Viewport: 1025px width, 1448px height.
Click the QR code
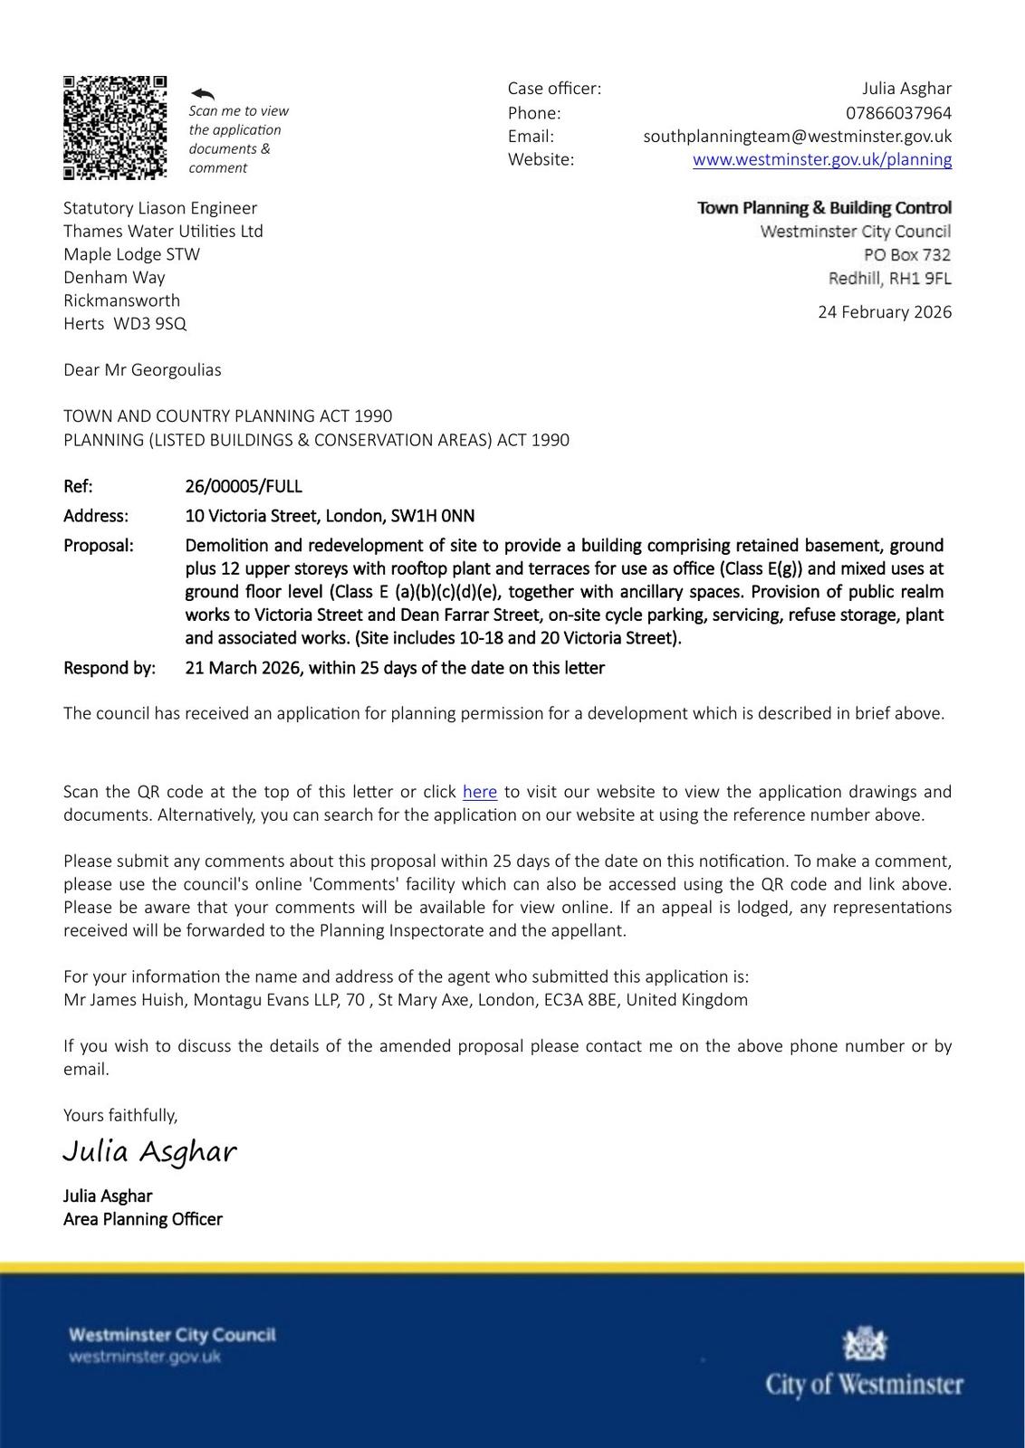(x=115, y=128)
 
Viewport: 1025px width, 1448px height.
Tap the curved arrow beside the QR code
(x=203, y=93)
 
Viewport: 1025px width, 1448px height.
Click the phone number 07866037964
(x=898, y=113)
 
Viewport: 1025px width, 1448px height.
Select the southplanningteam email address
(x=797, y=137)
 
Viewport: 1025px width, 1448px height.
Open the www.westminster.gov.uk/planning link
(x=821, y=160)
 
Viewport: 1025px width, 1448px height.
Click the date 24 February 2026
(x=884, y=312)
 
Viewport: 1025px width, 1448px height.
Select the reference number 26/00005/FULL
(x=244, y=487)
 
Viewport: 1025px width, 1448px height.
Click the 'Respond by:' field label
(x=109, y=669)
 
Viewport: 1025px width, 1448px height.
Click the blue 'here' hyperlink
(x=479, y=792)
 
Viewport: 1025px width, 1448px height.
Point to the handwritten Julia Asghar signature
(x=149, y=1151)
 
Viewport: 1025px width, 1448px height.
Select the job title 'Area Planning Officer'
(x=142, y=1219)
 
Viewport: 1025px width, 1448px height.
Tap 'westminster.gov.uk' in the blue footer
(x=145, y=1357)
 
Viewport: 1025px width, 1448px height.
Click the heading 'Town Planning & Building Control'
(x=824, y=208)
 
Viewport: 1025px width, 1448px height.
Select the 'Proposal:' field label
(x=98, y=546)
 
